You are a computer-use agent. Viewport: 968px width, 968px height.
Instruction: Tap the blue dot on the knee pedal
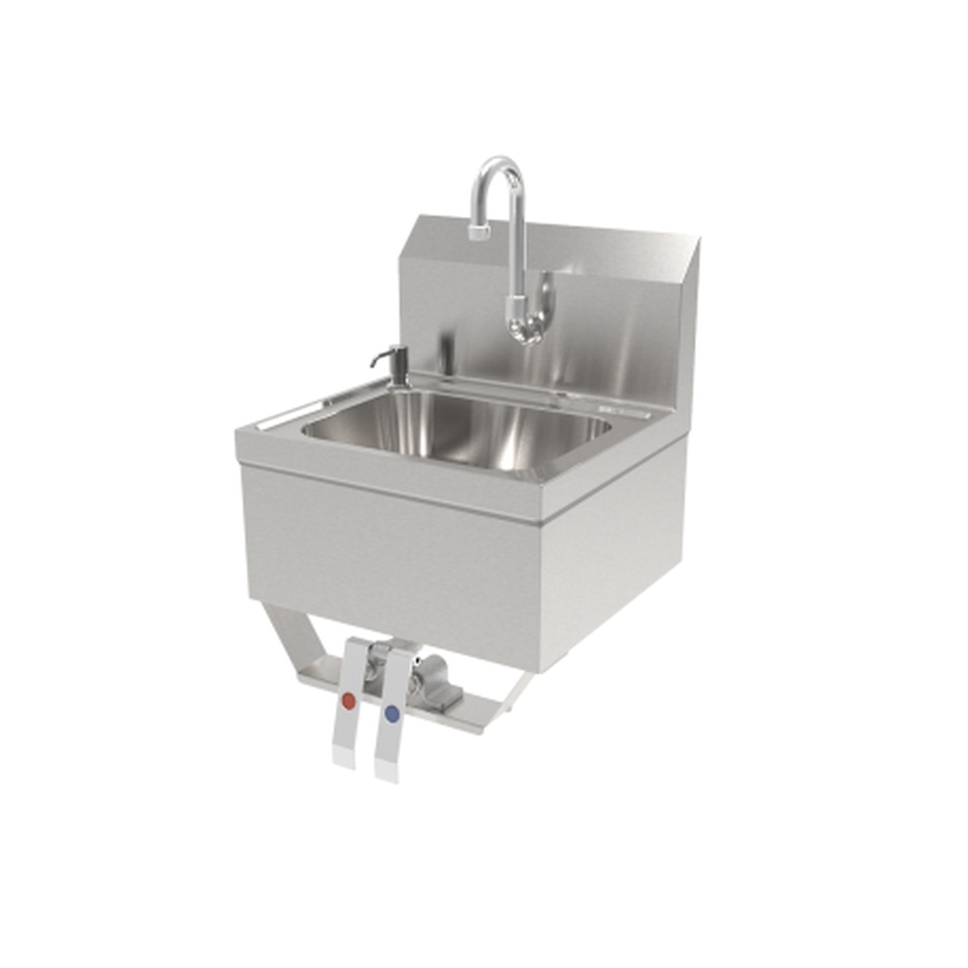(x=393, y=713)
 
